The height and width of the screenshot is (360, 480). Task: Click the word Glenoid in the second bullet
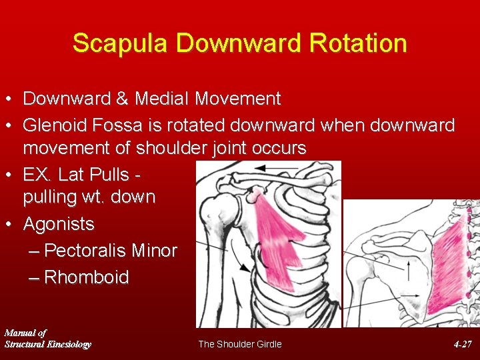coord(55,125)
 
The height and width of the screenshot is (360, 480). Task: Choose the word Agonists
coord(59,224)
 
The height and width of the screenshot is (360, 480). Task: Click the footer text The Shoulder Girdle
coord(240,344)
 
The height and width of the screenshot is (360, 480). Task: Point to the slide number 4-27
coord(463,344)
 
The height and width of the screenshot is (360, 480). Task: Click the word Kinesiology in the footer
coord(67,344)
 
